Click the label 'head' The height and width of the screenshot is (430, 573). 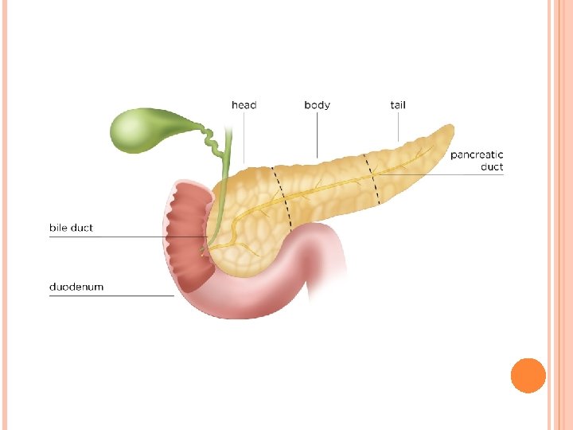244,105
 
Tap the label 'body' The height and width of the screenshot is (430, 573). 317,105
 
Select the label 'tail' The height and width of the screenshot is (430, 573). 399,105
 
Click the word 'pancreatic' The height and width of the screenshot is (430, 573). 477,154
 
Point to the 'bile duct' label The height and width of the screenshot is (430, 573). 71,228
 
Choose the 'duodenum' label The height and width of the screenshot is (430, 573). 76,286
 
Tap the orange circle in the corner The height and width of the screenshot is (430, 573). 528,375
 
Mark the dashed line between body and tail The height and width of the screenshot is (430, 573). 372,178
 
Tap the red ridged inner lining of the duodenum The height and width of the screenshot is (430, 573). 188,235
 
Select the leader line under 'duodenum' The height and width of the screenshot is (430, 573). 111,295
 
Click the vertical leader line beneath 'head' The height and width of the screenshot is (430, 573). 244,139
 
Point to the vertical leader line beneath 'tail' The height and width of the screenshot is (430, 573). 399,127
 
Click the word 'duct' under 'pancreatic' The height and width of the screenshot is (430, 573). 492,167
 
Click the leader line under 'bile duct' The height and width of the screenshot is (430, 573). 119,237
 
